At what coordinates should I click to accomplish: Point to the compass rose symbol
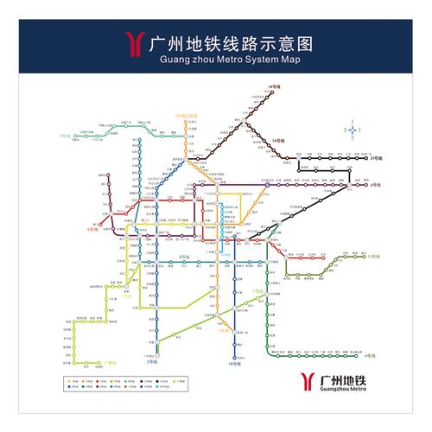[353, 130]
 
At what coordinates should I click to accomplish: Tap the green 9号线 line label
[64, 137]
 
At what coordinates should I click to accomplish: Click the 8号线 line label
[182, 257]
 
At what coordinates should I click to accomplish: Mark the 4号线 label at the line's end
[369, 355]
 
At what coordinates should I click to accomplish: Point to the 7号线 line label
[257, 291]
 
